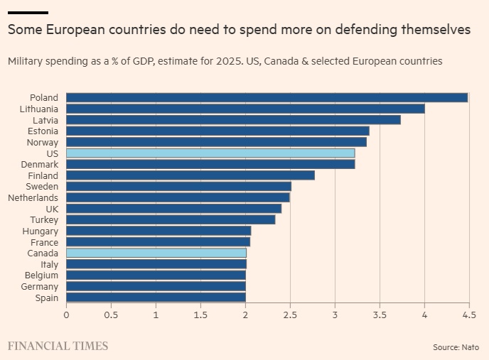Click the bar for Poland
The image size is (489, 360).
[267, 98]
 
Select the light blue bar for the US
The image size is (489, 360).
[210, 153]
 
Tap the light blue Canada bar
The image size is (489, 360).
[156, 253]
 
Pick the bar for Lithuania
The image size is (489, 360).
[245, 109]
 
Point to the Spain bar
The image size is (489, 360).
[156, 298]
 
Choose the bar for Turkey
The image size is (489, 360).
[171, 219]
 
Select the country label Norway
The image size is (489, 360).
[43, 142]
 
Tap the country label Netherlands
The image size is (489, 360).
[33, 197]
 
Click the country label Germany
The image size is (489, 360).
[41, 286]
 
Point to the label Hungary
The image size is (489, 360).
[41, 231]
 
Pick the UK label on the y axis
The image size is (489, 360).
[51, 209]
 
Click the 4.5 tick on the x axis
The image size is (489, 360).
[468, 315]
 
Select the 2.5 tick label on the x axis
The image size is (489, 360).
[290, 315]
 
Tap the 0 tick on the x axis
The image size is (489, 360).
[66, 315]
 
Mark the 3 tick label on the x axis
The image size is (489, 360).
[335, 315]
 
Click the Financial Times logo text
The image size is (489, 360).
[58, 346]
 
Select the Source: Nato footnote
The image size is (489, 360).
[456, 347]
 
